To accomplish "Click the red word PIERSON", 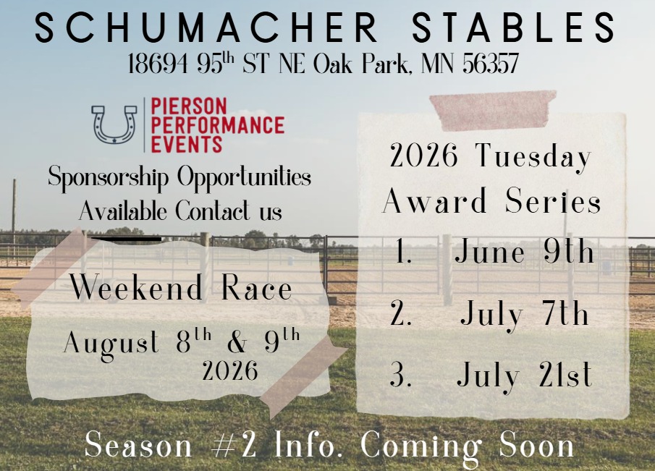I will click(188, 107).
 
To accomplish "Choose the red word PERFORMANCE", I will click(217, 125).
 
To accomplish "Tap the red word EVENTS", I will click(187, 143).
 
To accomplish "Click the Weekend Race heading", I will click(181, 289).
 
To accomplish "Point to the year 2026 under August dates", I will click(230, 372).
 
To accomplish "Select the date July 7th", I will click(524, 315).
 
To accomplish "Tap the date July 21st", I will click(524, 375).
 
